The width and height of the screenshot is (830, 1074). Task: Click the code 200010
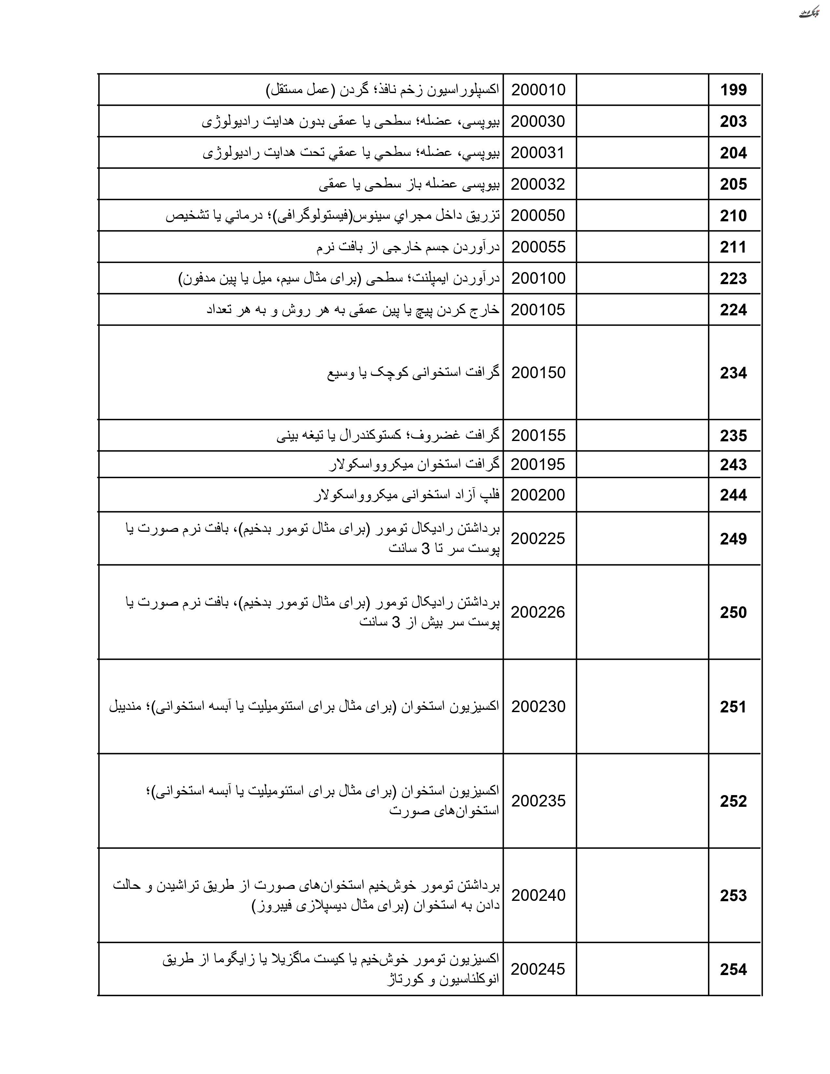538,90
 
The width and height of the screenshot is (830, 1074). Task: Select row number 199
733,90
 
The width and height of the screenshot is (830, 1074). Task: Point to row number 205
733,185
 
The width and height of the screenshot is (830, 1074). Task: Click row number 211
733,247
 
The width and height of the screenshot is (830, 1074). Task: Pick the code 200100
538,278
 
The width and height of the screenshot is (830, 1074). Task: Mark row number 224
733,310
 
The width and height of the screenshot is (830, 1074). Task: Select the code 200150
538,373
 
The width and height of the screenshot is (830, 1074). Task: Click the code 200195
538,464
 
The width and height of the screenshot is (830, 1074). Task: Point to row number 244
733,495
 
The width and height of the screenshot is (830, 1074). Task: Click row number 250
733,612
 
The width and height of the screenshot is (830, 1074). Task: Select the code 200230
538,707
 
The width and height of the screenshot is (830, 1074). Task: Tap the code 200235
538,801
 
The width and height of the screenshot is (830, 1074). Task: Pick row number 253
733,896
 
